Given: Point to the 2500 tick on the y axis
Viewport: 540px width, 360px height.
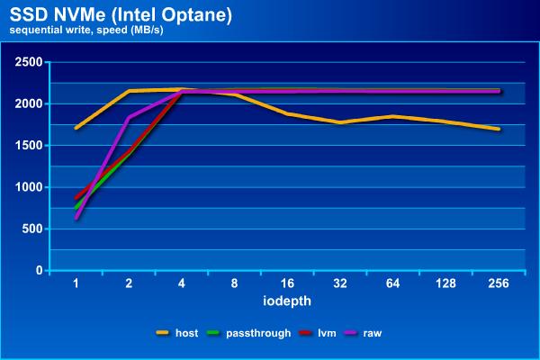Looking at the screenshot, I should [29, 62].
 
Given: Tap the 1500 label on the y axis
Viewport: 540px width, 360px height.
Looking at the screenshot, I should [29, 146].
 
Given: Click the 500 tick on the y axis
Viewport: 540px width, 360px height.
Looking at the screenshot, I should [31, 229].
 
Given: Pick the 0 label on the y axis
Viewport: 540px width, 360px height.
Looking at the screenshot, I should [38, 271].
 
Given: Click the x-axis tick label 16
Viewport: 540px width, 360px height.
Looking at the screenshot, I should [288, 283].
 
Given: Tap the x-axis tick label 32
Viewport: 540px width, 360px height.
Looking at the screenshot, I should [341, 283].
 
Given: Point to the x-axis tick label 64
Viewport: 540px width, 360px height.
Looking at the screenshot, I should [393, 283].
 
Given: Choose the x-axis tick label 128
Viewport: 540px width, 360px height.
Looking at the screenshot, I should [445, 283].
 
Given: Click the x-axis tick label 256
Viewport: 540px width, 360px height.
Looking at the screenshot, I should [499, 283].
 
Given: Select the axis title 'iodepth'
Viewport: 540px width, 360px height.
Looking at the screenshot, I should [287, 299].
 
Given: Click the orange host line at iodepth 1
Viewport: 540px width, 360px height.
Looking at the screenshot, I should [77, 128].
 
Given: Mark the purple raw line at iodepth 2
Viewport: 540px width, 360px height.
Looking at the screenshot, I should [130, 117].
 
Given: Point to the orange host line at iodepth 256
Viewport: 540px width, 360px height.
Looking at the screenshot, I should [499, 129].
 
